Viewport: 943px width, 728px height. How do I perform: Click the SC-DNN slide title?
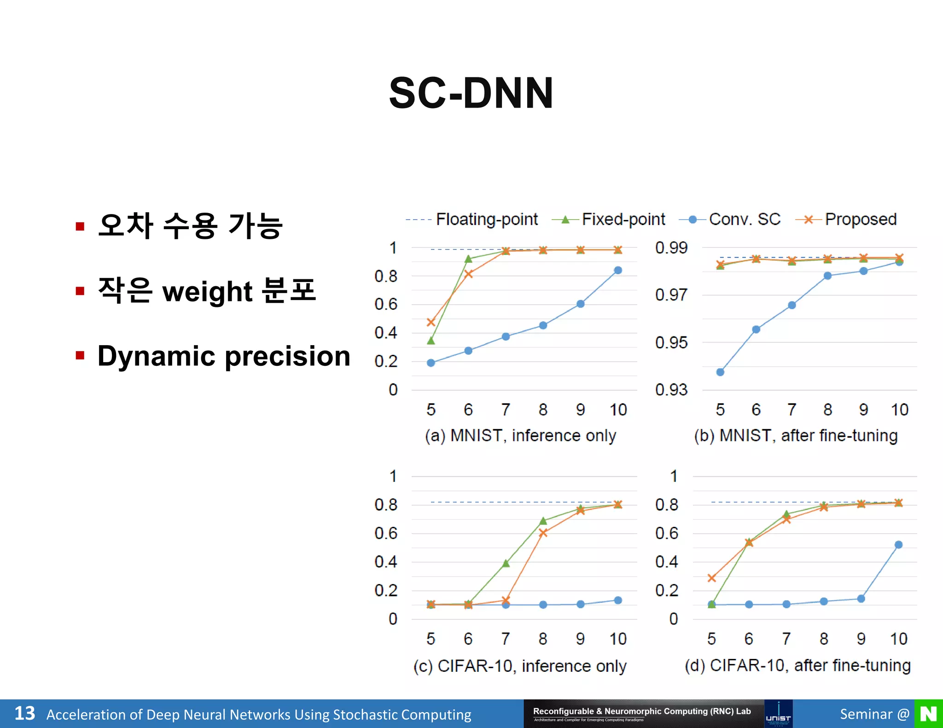click(471, 93)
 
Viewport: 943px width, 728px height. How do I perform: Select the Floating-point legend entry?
click(486, 220)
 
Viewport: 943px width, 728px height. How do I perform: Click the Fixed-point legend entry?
click(623, 220)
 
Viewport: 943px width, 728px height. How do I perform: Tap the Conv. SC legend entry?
click(744, 220)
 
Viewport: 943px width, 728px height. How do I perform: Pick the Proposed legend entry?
click(860, 220)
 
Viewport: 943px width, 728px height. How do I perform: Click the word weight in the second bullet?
click(207, 292)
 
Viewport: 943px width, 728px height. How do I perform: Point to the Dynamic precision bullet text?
click(224, 356)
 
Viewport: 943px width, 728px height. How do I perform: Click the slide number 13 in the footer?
click(24, 714)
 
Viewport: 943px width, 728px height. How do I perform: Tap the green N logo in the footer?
click(928, 714)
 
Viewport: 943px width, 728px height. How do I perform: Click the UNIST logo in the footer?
click(778, 714)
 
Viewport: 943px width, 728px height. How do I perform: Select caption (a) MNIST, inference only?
click(520, 435)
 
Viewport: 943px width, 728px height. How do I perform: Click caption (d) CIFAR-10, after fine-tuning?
click(797, 665)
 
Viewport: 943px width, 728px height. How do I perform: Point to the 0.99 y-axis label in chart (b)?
click(671, 248)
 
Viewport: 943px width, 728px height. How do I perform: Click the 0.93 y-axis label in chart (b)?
click(671, 390)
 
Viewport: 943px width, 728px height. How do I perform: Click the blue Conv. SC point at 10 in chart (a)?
click(618, 270)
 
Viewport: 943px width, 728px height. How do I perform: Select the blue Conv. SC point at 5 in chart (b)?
click(720, 372)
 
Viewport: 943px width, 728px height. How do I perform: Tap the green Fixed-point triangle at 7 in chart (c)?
click(506, 563)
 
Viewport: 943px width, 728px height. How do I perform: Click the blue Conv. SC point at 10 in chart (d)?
click(898, 545)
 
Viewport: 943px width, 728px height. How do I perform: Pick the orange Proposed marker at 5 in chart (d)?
click(711, 578)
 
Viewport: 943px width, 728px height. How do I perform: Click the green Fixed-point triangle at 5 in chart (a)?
click(431, 341)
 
